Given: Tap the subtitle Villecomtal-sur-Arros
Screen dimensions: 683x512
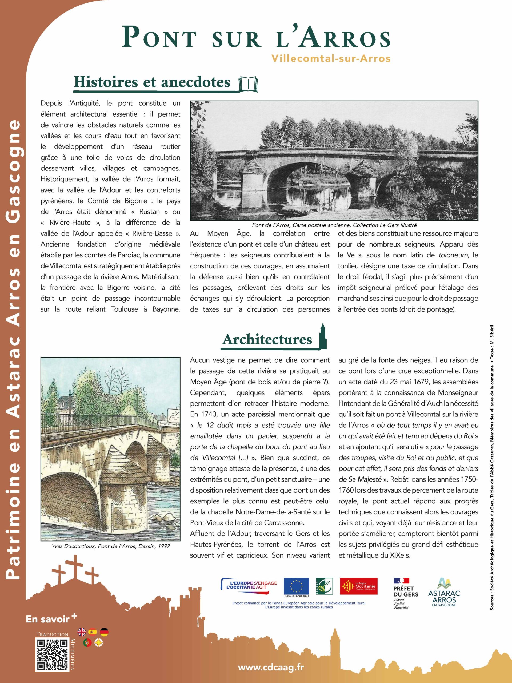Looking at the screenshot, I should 331,58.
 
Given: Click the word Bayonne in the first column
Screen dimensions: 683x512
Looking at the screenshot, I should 166,309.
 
